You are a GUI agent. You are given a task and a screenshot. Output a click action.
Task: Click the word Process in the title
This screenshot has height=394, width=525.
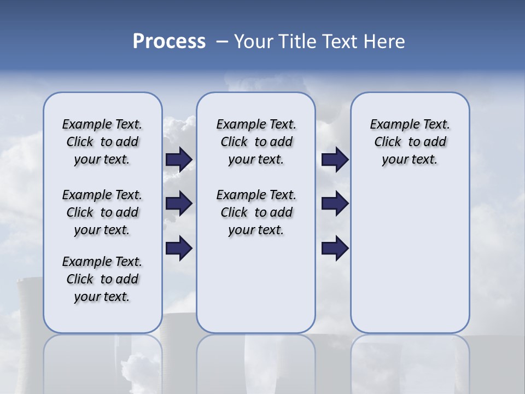[x=169, y=42]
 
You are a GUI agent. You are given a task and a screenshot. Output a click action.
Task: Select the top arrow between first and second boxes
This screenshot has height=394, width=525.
[x=179, y=160]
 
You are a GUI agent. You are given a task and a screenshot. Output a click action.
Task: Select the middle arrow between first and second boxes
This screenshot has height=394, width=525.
[x=179, y=204]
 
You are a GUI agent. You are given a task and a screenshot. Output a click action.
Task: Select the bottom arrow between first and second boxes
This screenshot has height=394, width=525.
[x=179, y=248]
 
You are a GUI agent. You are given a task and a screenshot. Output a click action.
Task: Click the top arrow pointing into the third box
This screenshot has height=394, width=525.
[x=335, y=160]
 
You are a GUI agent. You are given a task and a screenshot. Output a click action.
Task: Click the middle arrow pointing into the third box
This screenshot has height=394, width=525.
[x=335, y=204]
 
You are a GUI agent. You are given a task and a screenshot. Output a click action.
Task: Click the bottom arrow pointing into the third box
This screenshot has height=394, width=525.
[x=335, y=248]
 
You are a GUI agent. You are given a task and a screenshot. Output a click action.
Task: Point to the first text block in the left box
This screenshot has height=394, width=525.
[x=102, y=142]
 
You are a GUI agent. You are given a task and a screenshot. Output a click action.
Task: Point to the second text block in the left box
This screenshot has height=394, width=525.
[x=102, y=212]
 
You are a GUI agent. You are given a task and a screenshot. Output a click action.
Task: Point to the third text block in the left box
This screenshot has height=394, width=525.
[x=102, y=279]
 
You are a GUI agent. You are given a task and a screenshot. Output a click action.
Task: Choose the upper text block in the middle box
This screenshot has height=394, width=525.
[x=256, y=142]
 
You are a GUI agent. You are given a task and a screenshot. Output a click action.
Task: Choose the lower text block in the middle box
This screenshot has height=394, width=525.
[x=256, y=212]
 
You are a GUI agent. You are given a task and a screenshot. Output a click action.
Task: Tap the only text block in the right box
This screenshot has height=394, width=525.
[x=410, y=142]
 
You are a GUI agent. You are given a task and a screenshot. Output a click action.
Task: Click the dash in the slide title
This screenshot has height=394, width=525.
[x=222, y=42]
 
